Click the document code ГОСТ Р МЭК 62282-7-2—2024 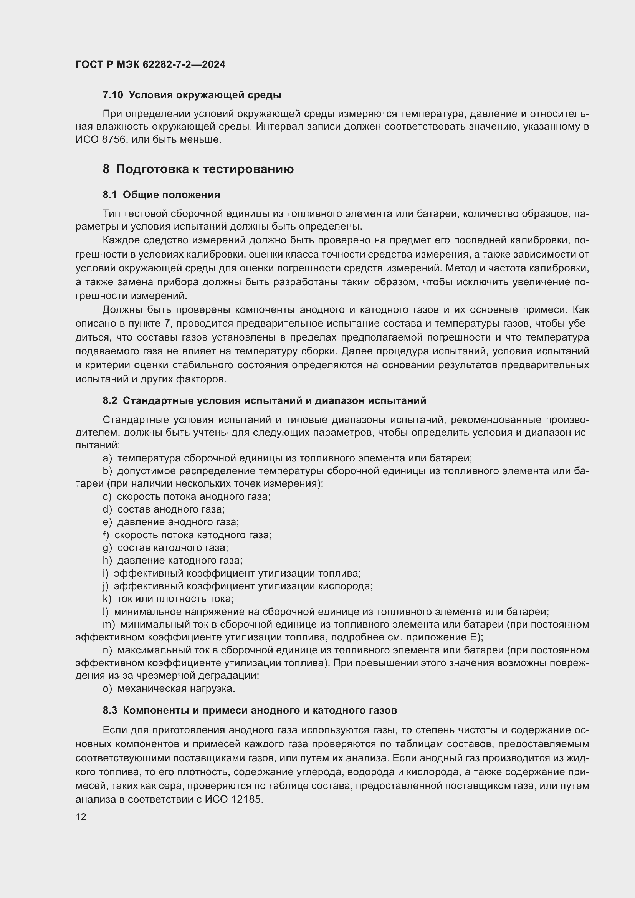coord(150,65)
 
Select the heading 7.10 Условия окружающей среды coord(192,95)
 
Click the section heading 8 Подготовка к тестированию coord(198,169)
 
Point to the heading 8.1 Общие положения coord(161,195)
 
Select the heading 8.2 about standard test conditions coord(264,400)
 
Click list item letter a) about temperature coord(107,458)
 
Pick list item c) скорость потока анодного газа coord(187,496)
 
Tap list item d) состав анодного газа coord(164,509)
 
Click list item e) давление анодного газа coord(171,522)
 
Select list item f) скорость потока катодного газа coord(187,535)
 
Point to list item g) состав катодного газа coord(165,547)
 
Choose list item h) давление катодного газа coord(172,561)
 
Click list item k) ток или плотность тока coord(168,599)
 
